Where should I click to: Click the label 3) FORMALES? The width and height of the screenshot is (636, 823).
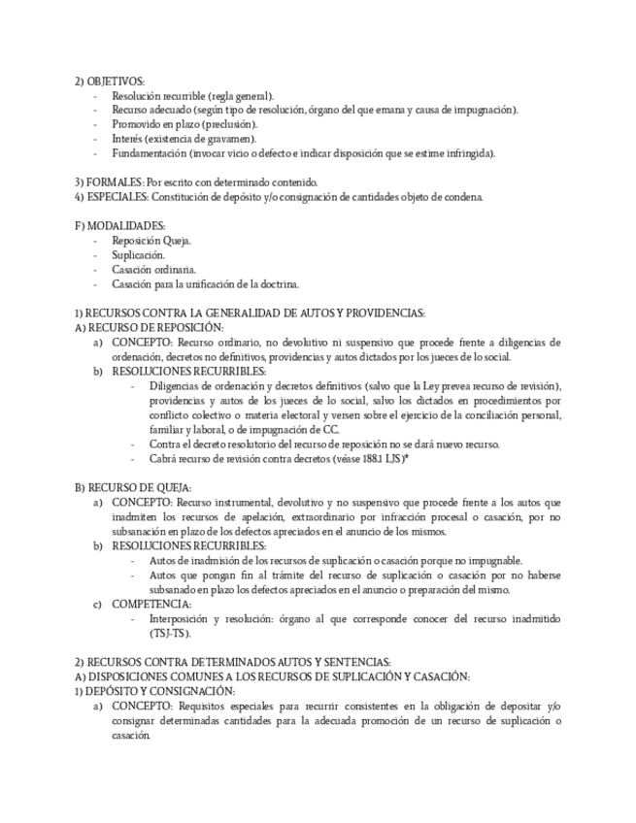pos(109,181)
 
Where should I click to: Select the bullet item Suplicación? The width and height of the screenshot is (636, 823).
pos(138,254)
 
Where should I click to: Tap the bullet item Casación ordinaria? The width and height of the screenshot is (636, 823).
pos(154,269)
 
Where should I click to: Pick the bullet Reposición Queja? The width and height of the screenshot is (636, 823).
pos(151,241)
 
